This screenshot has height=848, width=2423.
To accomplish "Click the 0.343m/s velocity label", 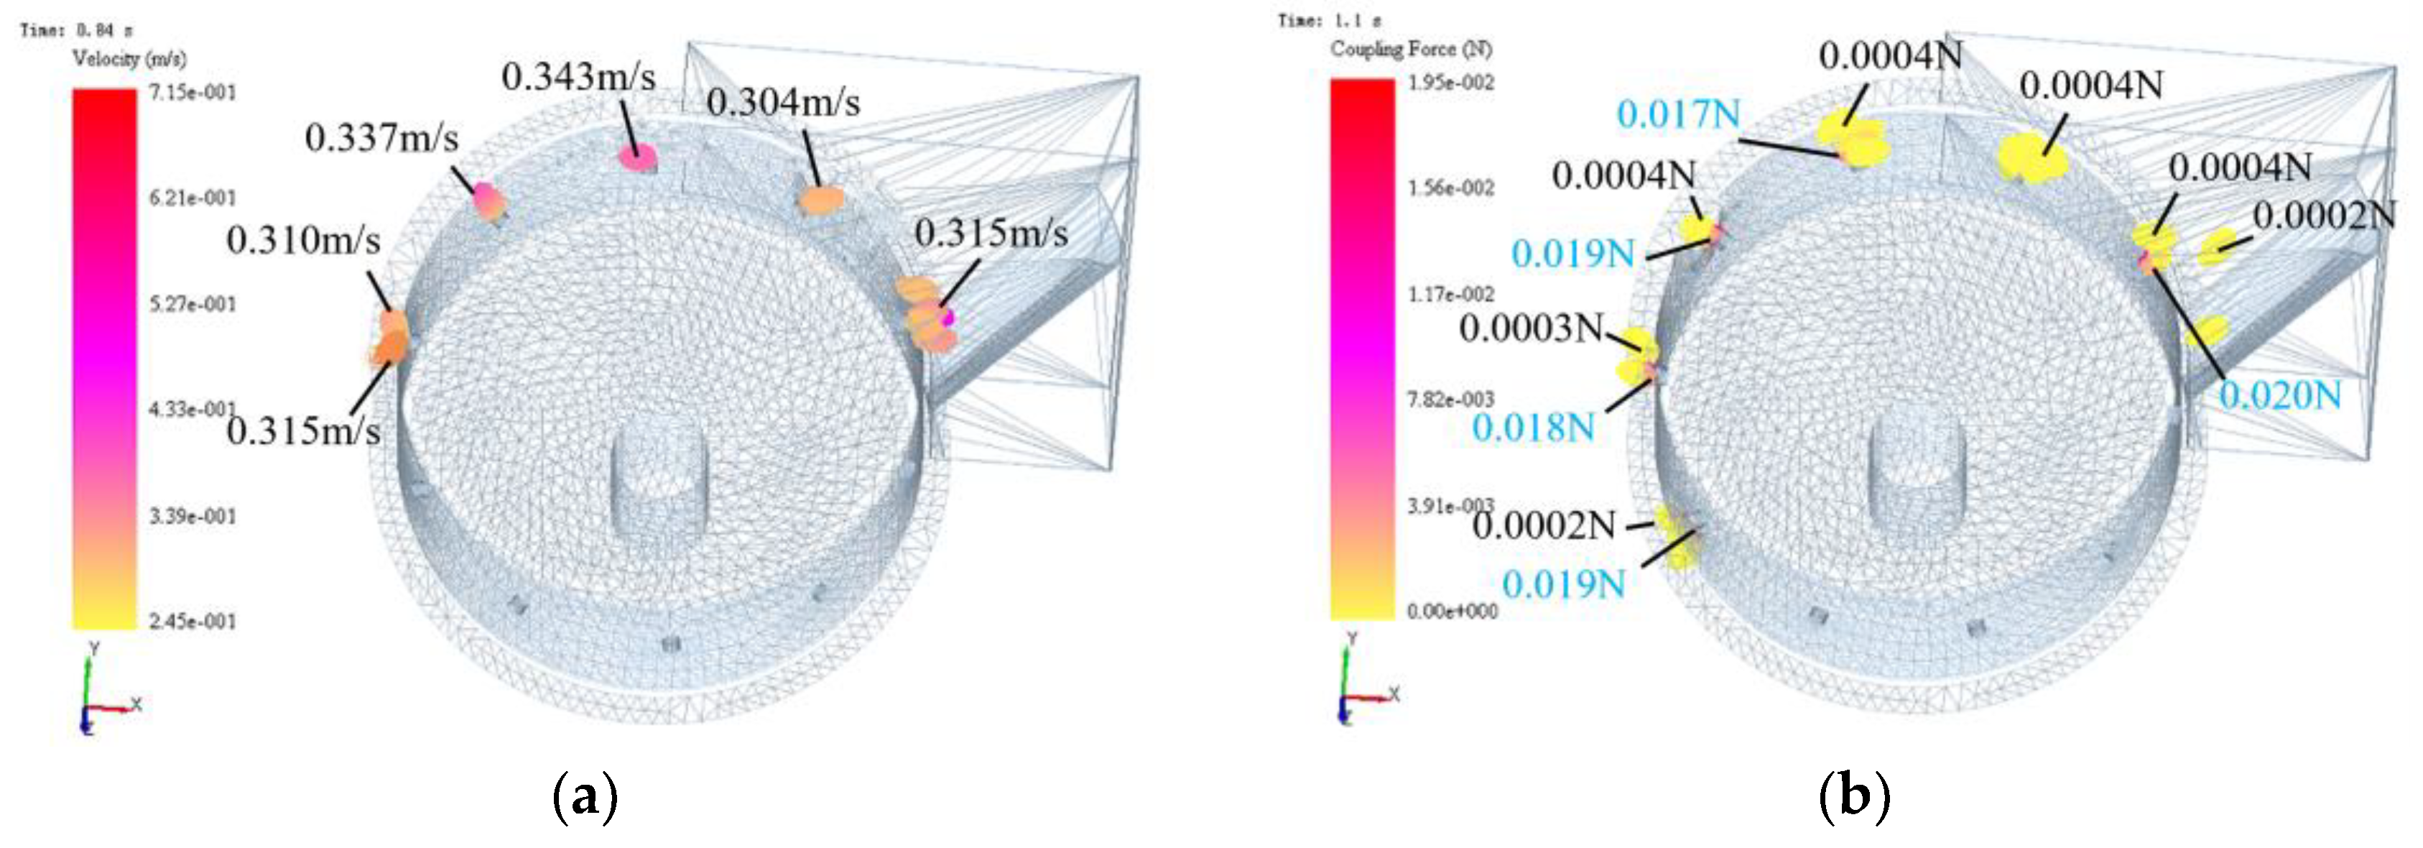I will pos(578,77).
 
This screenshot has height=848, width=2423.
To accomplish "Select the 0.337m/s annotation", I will pos(381,139).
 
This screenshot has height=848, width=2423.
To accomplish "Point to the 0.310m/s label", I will pos(303,241).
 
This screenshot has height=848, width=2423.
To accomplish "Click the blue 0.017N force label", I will pos(1678,115).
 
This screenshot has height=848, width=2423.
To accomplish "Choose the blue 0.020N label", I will pos(2280,395).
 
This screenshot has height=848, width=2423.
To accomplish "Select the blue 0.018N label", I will pos(1533,428).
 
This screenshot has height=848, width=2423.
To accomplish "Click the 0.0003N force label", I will pos(1530,328).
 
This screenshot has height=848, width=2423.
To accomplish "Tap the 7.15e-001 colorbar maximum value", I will pos(192,92).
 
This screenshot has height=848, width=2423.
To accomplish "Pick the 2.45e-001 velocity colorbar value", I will pos(192,621).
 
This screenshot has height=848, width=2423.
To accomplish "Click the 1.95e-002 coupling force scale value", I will pos(1450,83).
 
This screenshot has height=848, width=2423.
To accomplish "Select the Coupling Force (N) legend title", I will pos(1410,49).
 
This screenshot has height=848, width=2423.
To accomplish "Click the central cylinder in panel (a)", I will pos(659,489).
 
